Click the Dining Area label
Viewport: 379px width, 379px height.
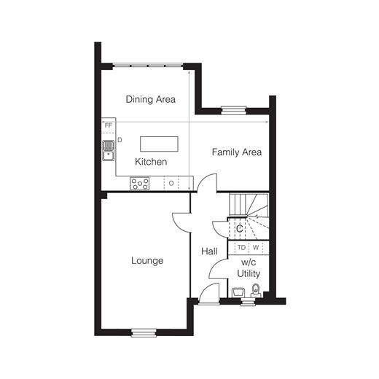coord(151,99)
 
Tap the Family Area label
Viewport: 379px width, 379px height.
coord(237,152)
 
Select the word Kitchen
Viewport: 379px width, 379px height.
coord(151,162)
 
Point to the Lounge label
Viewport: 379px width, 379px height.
coord(147,261)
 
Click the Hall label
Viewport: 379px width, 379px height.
coord(209,251)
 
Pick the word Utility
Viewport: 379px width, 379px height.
coord(249,273)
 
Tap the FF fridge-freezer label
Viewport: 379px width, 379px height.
coord(109,125)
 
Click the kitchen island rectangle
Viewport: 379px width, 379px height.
coord(159,144)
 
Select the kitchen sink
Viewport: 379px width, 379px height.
coord(109,150)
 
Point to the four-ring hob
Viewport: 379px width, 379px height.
coord(140,184)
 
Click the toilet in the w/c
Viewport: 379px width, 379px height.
coord(256,291)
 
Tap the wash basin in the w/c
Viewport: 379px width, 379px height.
coord(238,292)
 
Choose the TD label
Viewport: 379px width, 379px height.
coord(241,248)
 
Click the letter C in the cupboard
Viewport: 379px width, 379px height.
coord(240,229)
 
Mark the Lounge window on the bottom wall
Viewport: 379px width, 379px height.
coord(144,332)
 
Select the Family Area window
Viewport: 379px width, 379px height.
coord(234,110)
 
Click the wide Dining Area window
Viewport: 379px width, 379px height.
coord(148,66)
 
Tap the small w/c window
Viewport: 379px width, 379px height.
coord(248,302)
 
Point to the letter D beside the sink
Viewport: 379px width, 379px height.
coord(120,140)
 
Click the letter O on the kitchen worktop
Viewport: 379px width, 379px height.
coord(171,183)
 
